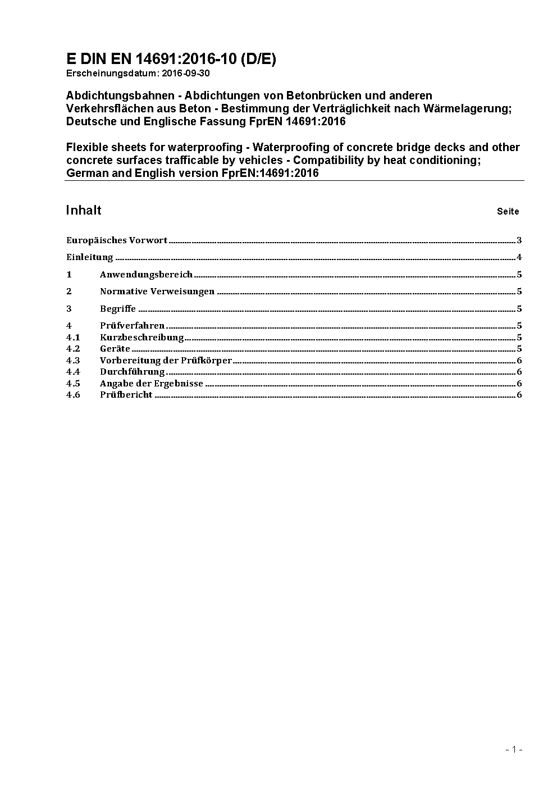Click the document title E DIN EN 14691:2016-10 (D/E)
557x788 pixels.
(171, 59)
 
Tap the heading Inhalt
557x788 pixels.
(84, 210)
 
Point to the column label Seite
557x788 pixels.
(508, 212)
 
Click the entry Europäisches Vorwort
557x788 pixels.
(117, 240)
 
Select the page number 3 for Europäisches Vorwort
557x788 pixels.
(519, 240)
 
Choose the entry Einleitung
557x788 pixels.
(90, 258)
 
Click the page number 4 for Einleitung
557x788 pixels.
(519, 258)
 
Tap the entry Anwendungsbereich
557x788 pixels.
(146, 275)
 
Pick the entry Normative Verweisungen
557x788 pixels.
(157, 291)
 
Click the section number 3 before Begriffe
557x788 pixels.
(69, 309)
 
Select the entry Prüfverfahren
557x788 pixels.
(133, 326)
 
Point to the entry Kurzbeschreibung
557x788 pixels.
(142, 338)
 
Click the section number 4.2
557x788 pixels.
(73, 349)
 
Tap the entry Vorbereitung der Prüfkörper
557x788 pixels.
(166, 361)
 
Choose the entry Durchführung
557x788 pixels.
(133, 372)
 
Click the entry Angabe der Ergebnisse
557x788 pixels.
(152, 384)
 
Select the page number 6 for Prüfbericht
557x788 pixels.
(519, 395)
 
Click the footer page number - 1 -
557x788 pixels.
(514, 749)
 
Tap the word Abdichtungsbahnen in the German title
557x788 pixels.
(120, 95)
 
